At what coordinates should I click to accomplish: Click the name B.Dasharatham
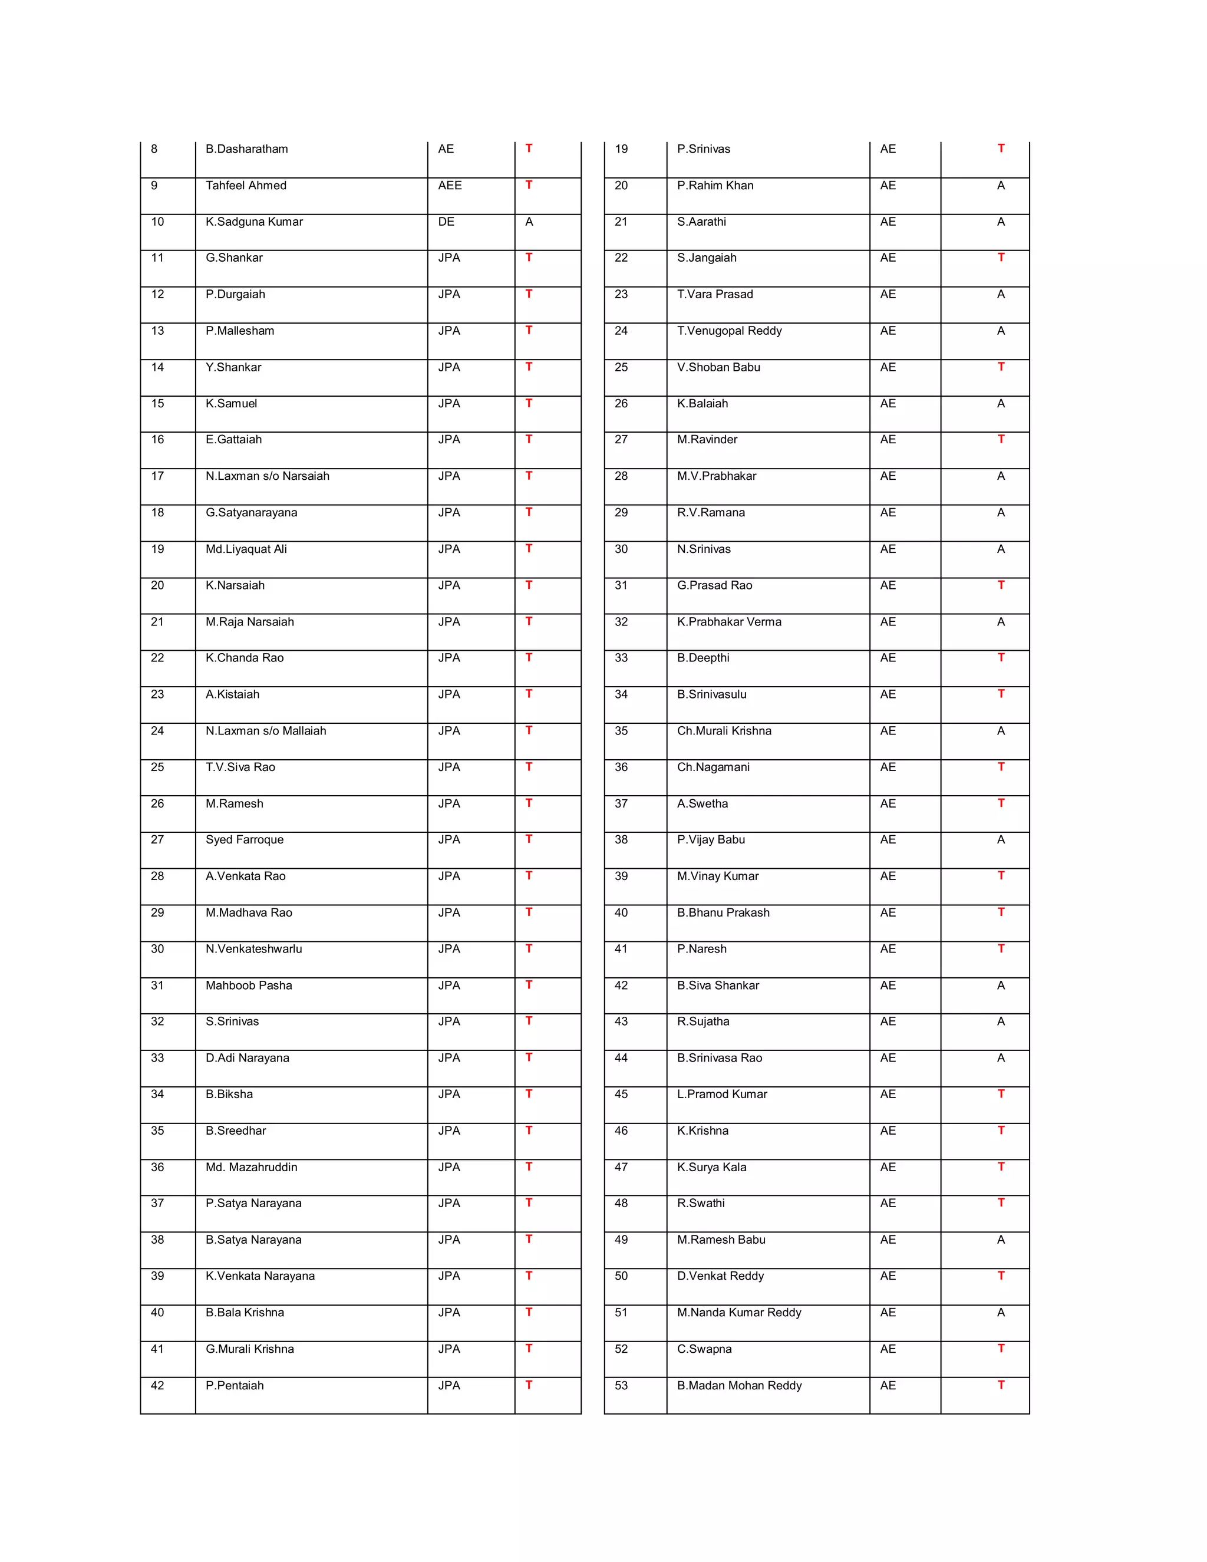pos(247,149)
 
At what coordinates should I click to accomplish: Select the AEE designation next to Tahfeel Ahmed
pos(450,185)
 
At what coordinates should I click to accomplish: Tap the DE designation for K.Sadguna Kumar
pos(446,222)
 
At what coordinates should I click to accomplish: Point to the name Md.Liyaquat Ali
pos(246,549)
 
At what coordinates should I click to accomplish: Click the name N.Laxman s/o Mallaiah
pos(265,730)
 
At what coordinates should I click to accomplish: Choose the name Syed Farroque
pos(245,839)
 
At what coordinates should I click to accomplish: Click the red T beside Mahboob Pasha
pos(529,984)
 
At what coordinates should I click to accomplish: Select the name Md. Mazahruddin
pos(251,1166)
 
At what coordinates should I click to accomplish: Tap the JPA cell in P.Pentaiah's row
pos(449,1385)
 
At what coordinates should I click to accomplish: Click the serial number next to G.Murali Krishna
pos(157,1348)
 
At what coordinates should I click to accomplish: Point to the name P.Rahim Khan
pos(715,185)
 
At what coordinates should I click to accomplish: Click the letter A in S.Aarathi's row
pos(1000,222)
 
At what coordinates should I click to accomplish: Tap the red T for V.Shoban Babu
pos(1000,366)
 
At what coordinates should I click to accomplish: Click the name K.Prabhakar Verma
pos(728,621)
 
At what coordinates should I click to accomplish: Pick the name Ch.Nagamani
pos(713,767)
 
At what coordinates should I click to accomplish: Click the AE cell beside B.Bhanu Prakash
pos(888,912)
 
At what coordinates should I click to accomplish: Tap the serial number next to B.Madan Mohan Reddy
pos(621,1385)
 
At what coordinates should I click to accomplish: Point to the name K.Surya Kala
pos(711,1166)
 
